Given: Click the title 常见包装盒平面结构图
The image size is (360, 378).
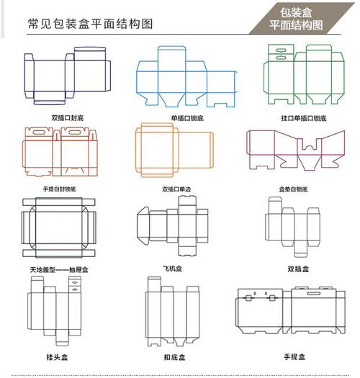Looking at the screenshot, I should pyautogui.click(x=90, y=24).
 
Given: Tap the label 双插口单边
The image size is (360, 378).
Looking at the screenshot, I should pyautogui.click(x=176, y=189).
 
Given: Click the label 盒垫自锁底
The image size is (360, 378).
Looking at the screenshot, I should pyautogui.click(x=293, y=189).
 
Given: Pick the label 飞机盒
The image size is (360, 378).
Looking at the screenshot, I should pyautogui.click(x=174, y=268).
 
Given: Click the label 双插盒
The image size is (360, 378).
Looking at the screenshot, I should pyautogui.click(x=298, y=269).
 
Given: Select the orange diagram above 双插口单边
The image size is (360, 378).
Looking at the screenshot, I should pyautogui.click(x=173, y=150).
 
